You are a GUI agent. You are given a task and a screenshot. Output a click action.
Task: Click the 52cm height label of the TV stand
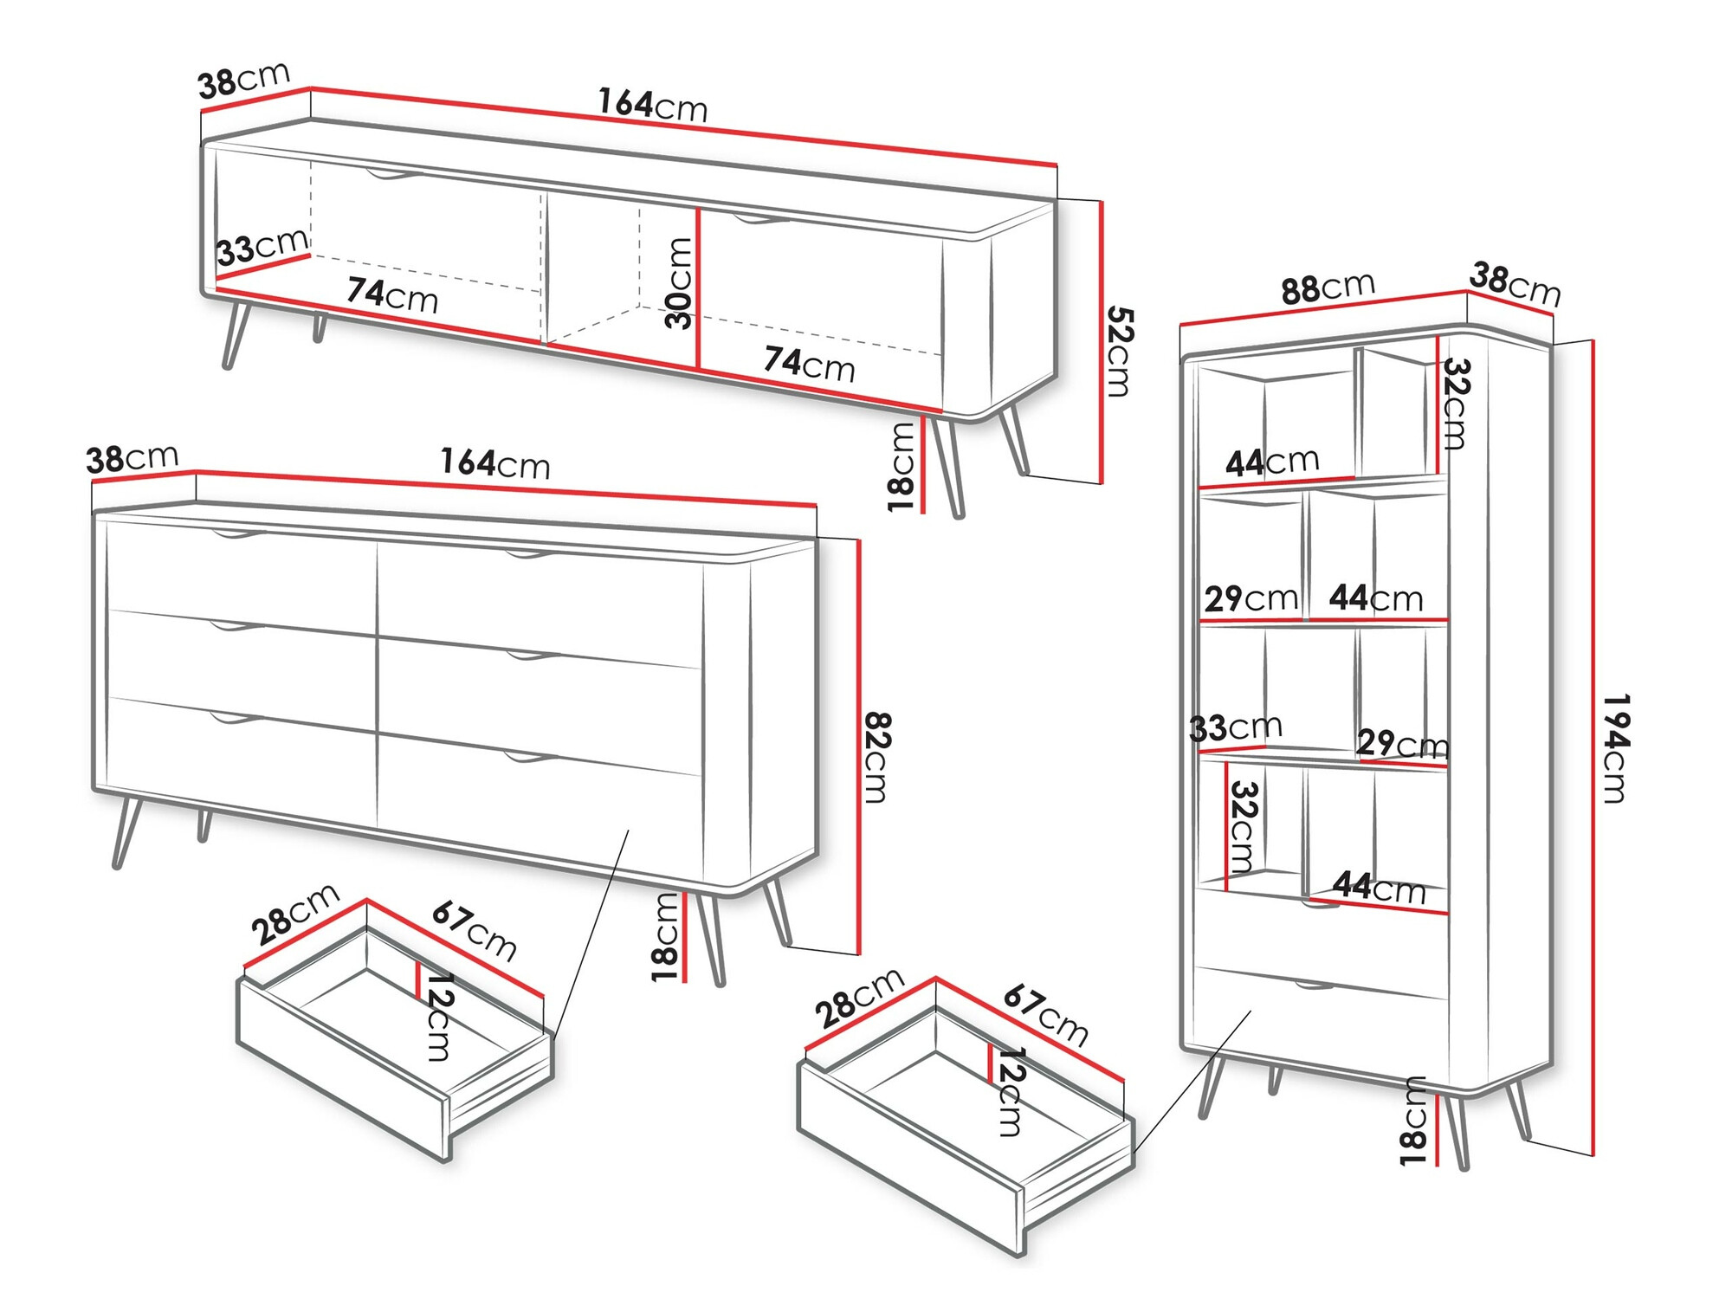(x=1118, y=351)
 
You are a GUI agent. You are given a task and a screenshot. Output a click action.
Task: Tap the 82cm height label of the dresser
(x=877, y=757)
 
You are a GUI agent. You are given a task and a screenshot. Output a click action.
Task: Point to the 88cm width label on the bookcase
(x=1327, y=288)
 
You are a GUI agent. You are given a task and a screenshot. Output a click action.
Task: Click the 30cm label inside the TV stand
(x=680, y=283)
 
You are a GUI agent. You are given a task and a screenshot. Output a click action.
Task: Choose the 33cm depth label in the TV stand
(x=262, y=247)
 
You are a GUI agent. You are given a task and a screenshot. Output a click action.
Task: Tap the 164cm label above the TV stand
(x=652, y=105)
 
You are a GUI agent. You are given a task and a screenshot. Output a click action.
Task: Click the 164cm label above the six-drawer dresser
(x=494, y=463)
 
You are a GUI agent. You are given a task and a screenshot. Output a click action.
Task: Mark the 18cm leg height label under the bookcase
(x=1412, y=1121)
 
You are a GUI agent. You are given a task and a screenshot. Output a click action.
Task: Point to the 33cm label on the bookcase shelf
(x=1235, y=727)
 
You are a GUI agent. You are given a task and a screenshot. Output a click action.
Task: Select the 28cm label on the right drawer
(x=859, y=998)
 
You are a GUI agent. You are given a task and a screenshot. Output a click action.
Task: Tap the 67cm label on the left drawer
(x=475, y=930)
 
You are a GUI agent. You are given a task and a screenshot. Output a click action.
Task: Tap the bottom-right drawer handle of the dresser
(x=530, y=759)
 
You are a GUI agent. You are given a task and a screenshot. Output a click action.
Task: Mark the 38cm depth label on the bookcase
(x=1515, y=284)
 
